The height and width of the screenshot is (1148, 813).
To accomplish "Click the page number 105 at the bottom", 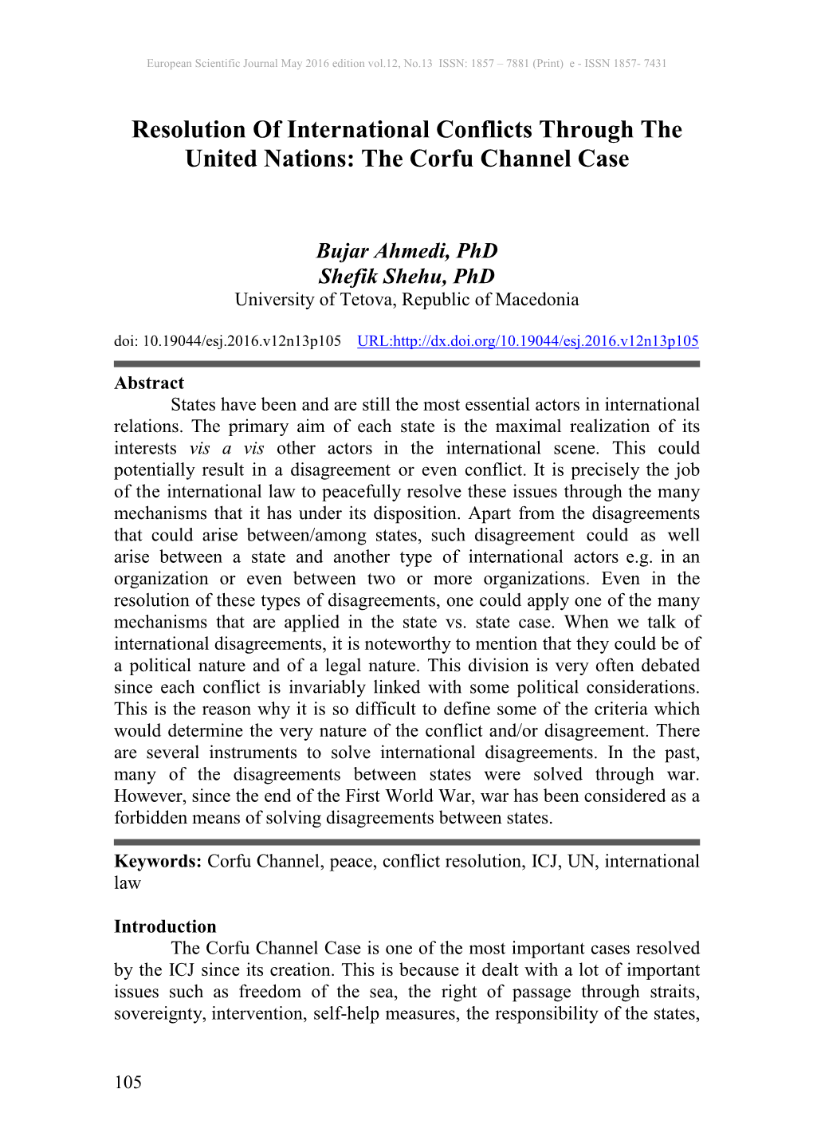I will click(128, 1082).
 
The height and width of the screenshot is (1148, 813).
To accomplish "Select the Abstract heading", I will click(149, 383).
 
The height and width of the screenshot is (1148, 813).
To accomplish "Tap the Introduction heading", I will click(165, 926).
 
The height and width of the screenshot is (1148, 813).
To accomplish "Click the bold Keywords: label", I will click(158, 861).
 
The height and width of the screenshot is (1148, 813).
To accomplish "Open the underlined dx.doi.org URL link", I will click(528, 341).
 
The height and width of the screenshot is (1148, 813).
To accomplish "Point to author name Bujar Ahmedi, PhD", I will click(406, 250).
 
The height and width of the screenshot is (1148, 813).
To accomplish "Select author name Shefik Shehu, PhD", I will click(406, 276).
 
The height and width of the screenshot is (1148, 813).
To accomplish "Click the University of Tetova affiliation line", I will click(406, 300).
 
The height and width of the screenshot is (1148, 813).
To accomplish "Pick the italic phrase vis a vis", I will click(226, 448).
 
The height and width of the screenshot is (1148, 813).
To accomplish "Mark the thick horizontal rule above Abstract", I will click(406, 364).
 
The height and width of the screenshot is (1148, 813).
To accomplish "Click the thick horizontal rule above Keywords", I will click(406, 842).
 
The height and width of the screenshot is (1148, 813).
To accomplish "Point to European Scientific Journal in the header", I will click(212, 63).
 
